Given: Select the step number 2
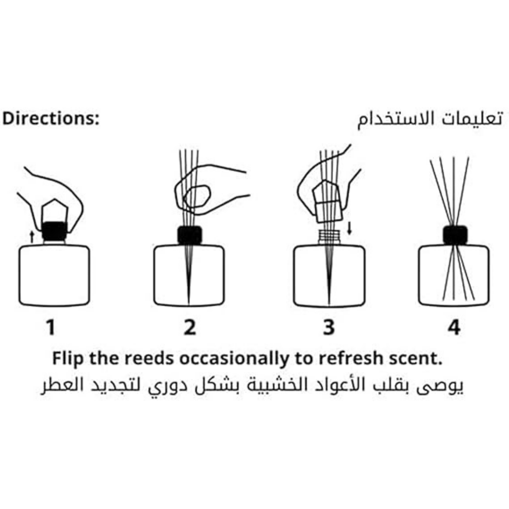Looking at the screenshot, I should pyautogui.click(x=190, y=328).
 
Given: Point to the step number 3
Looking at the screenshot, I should pyautogui.click(x=329, y=328).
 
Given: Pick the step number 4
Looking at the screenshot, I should pyautogui.click(x=454, y=328).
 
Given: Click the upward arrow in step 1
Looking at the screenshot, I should pyautogui.click(x=31, y=237).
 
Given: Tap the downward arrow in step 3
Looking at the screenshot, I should pyautogui.click(x=349, y=228).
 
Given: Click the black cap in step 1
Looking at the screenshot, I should pyautogui.click(x=54, y=231).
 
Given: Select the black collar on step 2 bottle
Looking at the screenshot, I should pyautogui.click(x=190, y=235).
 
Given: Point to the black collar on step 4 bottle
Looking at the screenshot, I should pyautogui.click(x=455, y=235).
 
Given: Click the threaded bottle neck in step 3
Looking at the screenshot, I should pyautogui.click(x=329, y=237).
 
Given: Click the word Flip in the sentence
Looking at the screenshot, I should pyautogui.click(x=68, y=359).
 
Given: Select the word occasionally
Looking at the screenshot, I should pyautogui.click(x=234, y=359).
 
